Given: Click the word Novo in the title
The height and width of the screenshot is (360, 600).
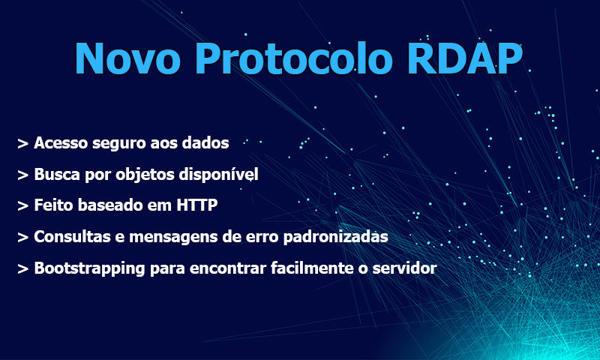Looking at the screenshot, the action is coord(127,58).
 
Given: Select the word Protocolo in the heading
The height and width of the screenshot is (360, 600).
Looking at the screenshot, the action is coord(293,58).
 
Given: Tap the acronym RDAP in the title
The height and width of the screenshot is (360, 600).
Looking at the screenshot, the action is coord(464,58).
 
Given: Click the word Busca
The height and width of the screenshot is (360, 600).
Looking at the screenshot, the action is coord(58,174).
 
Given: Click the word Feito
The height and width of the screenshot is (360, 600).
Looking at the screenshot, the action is coord(53,205).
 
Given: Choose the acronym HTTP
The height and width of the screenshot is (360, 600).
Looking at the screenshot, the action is coord(197,205).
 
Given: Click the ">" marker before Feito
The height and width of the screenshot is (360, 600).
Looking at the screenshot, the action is coord(23,206).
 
